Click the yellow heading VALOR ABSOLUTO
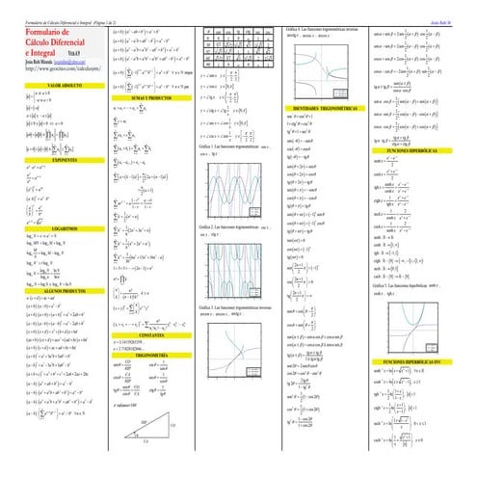click(52, 85)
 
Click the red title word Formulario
click(39, 34)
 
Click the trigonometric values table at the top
click(237, 38)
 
